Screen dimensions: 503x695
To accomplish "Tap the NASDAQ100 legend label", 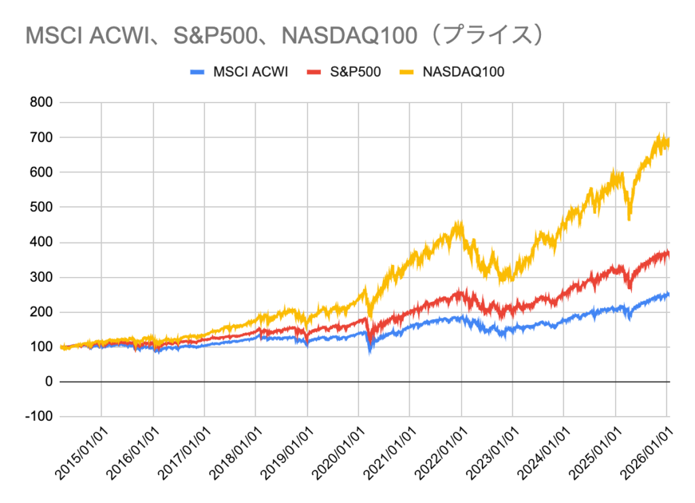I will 464,71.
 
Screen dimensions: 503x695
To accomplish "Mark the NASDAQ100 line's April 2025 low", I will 630,219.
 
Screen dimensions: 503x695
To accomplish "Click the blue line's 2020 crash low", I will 370,352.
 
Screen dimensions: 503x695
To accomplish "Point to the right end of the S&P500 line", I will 669,254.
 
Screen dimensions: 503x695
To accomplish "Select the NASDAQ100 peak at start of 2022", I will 460,223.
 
